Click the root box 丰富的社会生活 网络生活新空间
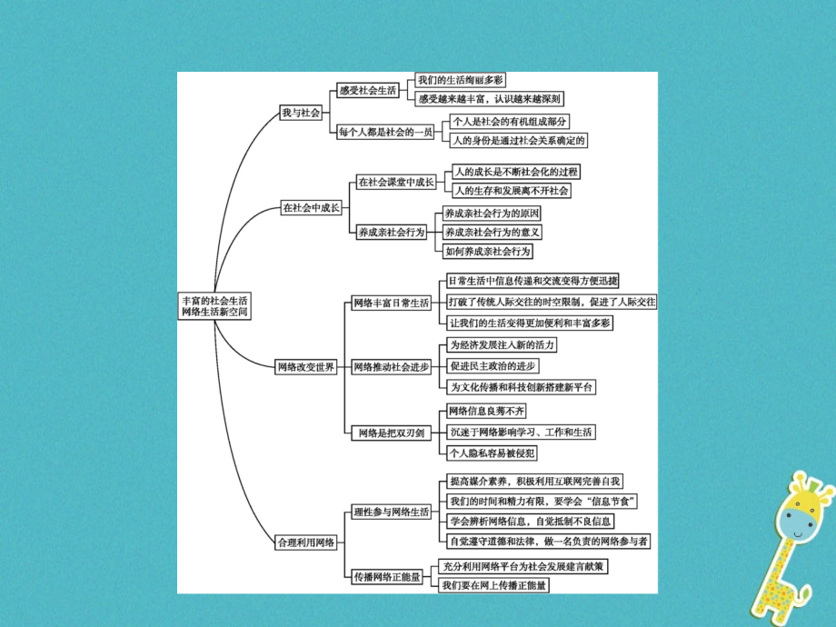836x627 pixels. pyautogui.click(x=214, y=306)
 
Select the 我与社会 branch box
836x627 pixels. pyautogui.click(x=302, y=113)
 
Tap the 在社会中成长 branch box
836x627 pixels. pyautogui.click(x=312, y=207)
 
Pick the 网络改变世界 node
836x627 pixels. pyautogui.click(x=306, y=367)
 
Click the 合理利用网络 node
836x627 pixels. pyautogui.click(x=306, y=542)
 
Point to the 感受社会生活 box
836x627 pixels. pyautogui.click(x=368, y=90)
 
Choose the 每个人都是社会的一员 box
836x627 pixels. pyautogui.click(x=385, y=132)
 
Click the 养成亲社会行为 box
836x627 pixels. pyautogui.click(x=392, y=232)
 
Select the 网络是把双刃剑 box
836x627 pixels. pyautogui.click(x=392, y=433)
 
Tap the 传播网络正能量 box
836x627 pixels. pyautogui.click(x=388, y=576)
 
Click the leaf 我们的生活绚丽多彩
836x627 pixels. pyautogui.click(x=460, y=80)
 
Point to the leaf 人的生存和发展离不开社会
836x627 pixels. pyautogui.click(x=512, y=190)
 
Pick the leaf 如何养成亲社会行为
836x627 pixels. pyautogui.click(x=488, y=251)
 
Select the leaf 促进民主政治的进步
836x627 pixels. pyautogui.click(x=493, y=365)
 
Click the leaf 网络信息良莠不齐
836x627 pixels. pyautogui.click(x=487, y=411)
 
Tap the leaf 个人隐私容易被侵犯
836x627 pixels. pyautogui.click(x=492, y=453)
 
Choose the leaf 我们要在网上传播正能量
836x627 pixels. pyautogui.click(x=493, y=585)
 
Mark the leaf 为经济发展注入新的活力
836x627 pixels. pyautogui.click(x=503, y=345)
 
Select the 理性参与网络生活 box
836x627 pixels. pyautogui.click(x=392, y=512)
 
